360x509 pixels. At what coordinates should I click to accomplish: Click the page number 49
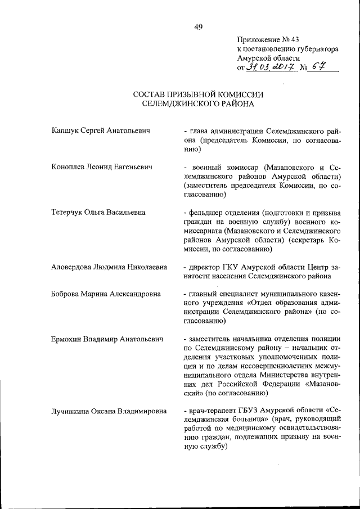point(199,26)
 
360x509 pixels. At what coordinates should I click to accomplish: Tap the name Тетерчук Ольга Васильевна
point(98,213)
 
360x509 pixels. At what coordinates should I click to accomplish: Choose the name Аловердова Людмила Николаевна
point(109,267)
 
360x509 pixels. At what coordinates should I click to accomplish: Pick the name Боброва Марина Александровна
point(105,294)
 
